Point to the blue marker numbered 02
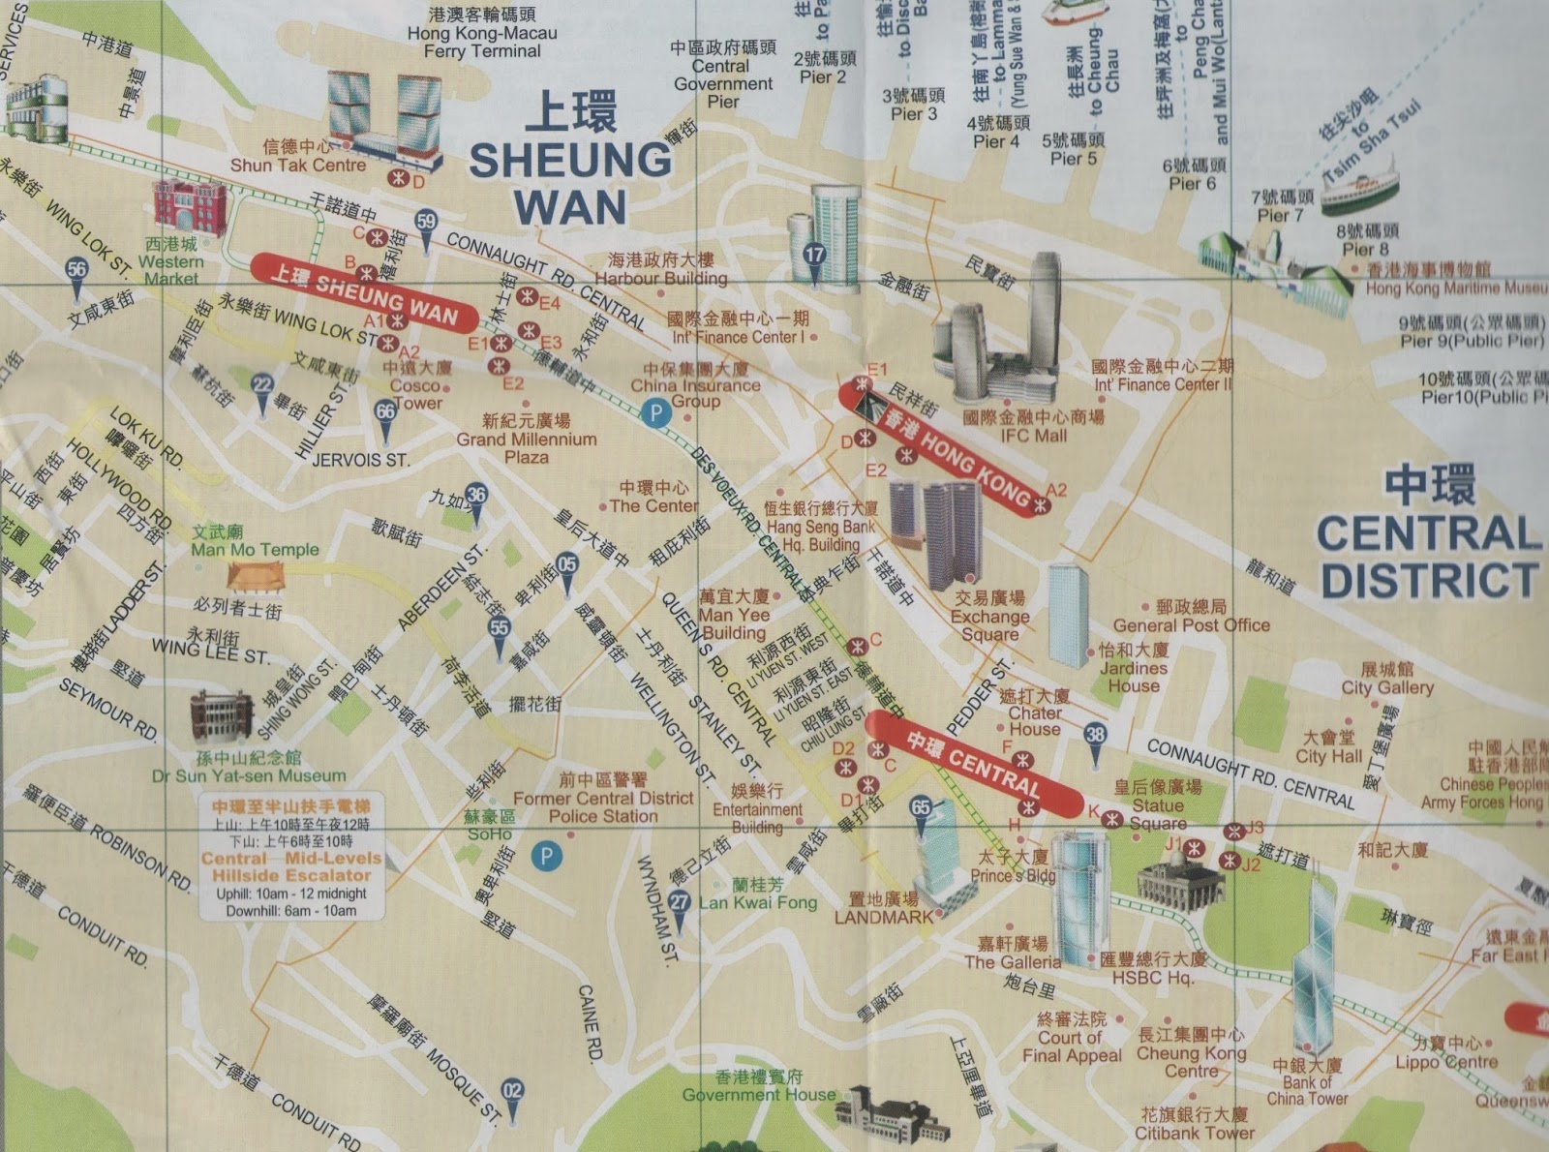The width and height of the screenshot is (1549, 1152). click(512, 1092)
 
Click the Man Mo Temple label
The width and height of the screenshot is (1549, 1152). click(255, 549)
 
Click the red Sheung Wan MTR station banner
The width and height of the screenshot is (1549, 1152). click(363, 293)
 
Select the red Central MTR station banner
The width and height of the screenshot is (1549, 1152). click(973, 763)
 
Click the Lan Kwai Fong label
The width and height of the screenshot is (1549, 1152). click(758, 902)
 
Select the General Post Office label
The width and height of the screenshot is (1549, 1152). click(1191, 625)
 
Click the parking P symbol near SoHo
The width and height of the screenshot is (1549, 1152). click(547, 856)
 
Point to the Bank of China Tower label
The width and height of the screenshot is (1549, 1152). click(1307, 1090)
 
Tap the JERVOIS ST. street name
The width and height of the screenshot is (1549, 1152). click(360, 460)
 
